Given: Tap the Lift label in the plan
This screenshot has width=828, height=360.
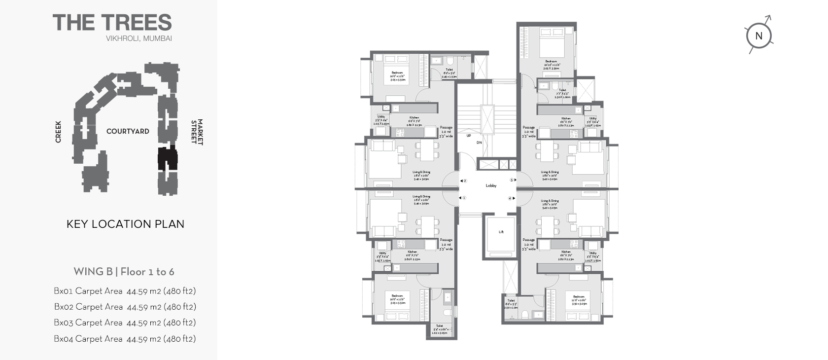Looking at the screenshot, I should pyautogui.click(x=501, y=232).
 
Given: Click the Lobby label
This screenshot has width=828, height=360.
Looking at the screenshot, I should pyautogui.click(x=491, y=186).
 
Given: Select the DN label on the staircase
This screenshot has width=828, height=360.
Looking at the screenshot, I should pyautogui.click(x=479, y=143).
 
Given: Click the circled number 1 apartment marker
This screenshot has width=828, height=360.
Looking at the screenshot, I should pyautogui.click(x=464, y=198).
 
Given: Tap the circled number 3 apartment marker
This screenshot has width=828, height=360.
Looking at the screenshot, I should pyautogui.click(x=512, y=180).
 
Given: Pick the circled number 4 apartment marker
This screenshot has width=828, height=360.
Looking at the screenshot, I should pyautogui.click(x=510, y=198).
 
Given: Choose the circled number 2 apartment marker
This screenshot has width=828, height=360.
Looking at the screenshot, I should pyautogui.click(x=465, y=181).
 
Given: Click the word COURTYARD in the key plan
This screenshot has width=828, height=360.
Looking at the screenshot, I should pyautogui.click(x=128, y=132).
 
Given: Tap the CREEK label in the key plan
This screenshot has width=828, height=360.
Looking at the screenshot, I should pyautogui.click(x=58, y=132).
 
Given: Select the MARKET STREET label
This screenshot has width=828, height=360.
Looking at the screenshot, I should pyautogui.click(x=197, y=132).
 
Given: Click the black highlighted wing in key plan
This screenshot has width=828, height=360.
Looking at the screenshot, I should pyautogui.click(x=167, y=159).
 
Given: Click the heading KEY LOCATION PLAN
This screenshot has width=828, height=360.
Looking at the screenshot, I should pyautogui.click(x=125, y=224).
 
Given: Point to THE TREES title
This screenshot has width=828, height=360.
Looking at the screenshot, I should pyautogui.click(x=112, y=23).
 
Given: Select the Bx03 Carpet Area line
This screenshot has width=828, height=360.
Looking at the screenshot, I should pyautogui.click(x=125, y=323).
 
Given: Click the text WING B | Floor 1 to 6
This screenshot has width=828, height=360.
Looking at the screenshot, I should pyautogui.click(x=124, y=272).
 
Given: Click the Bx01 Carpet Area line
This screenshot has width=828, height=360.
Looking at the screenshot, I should pyautogui.click(x=125, y=291).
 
